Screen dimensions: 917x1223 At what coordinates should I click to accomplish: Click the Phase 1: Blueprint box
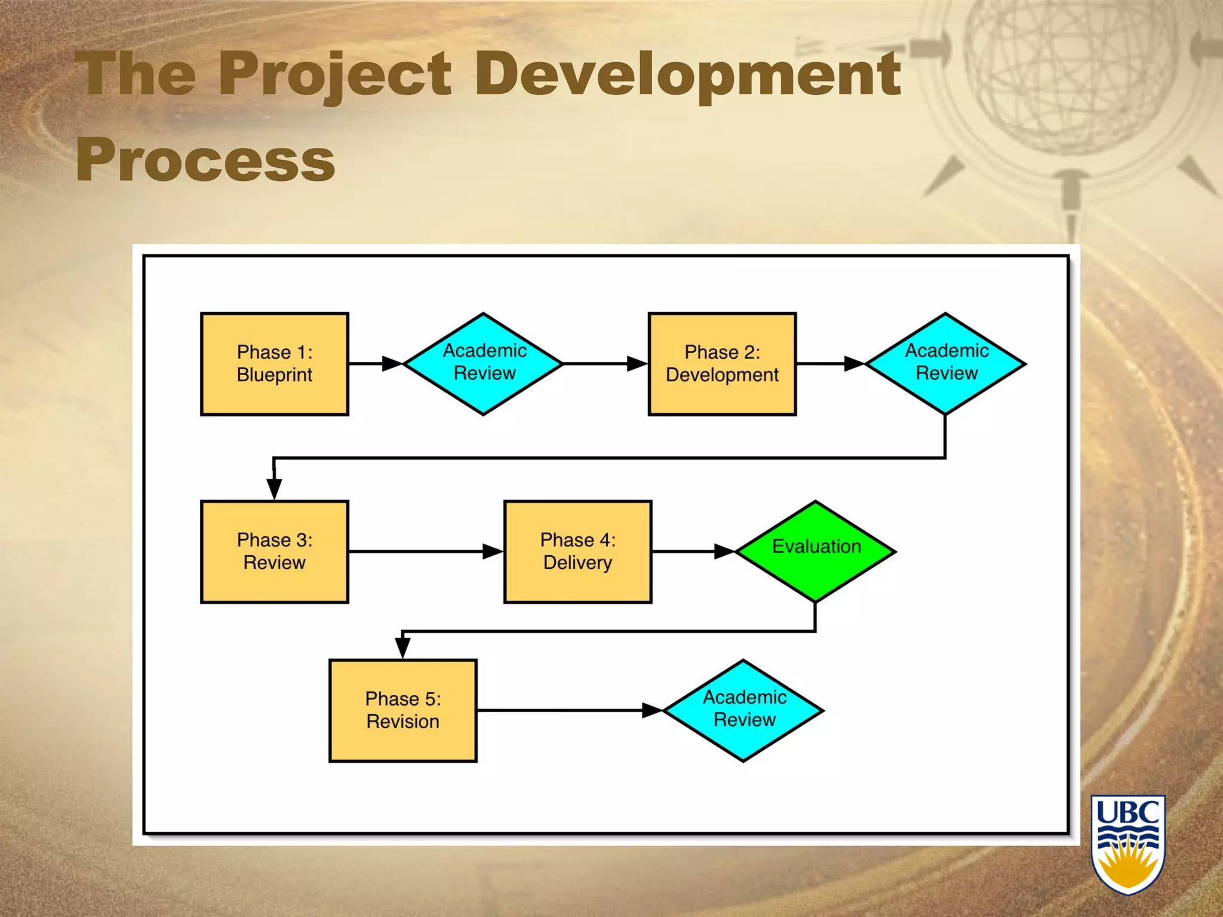[274, 364]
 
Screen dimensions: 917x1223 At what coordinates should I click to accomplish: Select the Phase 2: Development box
[722, 364]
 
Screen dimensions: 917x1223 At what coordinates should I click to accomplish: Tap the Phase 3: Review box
[274, 552]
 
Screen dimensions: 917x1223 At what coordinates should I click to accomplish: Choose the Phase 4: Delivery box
[577, 552]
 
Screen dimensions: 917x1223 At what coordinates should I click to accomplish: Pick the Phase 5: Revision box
[402, 710]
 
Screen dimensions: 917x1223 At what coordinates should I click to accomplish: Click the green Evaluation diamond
[816, 552]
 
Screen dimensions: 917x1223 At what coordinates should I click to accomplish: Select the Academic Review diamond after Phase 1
[484, 364]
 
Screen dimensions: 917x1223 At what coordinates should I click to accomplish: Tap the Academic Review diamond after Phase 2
[945, 364]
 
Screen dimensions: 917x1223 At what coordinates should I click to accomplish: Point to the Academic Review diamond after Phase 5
[744, 710]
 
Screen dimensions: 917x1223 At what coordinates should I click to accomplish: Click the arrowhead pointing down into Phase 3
[274, 488]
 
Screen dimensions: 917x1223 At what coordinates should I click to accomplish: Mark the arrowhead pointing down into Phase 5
[402, 647]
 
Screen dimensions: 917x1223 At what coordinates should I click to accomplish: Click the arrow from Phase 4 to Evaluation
[693, 551]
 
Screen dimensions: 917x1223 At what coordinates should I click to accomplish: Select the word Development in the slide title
[687, 75]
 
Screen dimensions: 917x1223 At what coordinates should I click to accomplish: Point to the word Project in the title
[334, 75]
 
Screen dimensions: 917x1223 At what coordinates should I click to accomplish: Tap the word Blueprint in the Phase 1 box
[274, 375]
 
